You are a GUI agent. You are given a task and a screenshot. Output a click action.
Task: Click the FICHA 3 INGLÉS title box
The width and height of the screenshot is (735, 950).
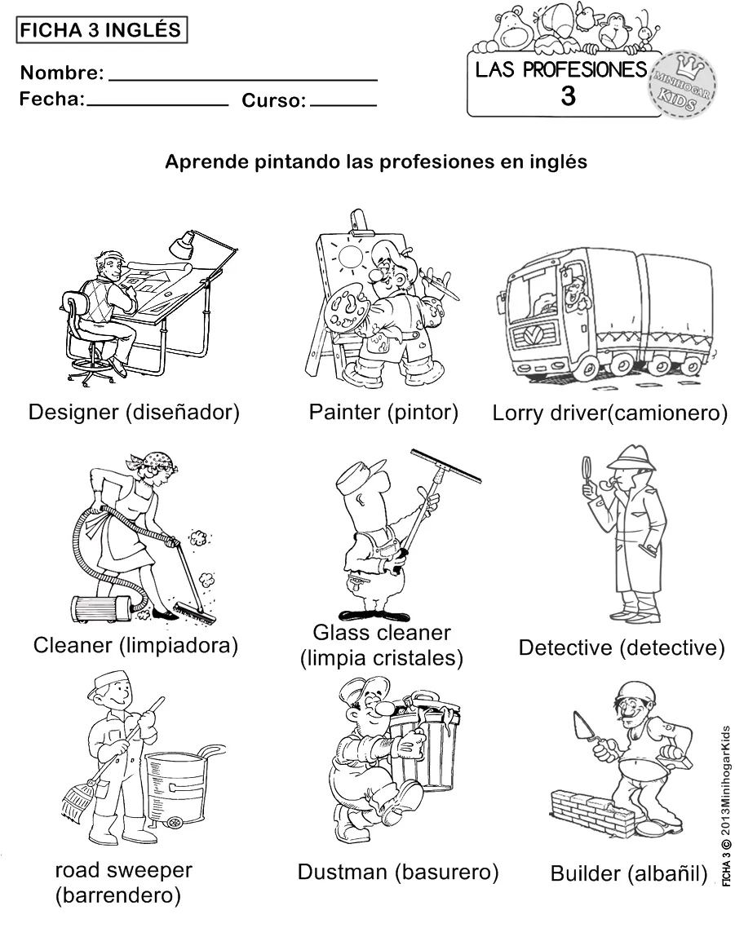pos(101,30)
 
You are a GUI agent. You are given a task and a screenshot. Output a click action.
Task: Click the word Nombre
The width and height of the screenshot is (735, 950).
pos(61,73)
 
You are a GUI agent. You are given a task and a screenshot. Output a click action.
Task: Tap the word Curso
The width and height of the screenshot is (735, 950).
pos(273,101)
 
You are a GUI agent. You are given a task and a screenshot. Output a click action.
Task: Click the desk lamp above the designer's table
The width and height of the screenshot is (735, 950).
pos(183,241)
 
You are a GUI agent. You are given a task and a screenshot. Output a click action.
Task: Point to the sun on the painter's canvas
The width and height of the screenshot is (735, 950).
pos(352,258)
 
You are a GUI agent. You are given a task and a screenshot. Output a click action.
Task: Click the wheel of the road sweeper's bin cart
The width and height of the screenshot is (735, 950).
pos(175,823)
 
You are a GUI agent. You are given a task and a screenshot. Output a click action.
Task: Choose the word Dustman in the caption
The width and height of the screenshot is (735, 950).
pos(342,872)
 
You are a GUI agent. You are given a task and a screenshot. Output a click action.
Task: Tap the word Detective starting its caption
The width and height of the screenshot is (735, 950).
pos(565,648)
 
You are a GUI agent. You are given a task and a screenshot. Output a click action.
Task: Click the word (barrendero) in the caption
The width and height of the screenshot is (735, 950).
pos(117,896)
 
